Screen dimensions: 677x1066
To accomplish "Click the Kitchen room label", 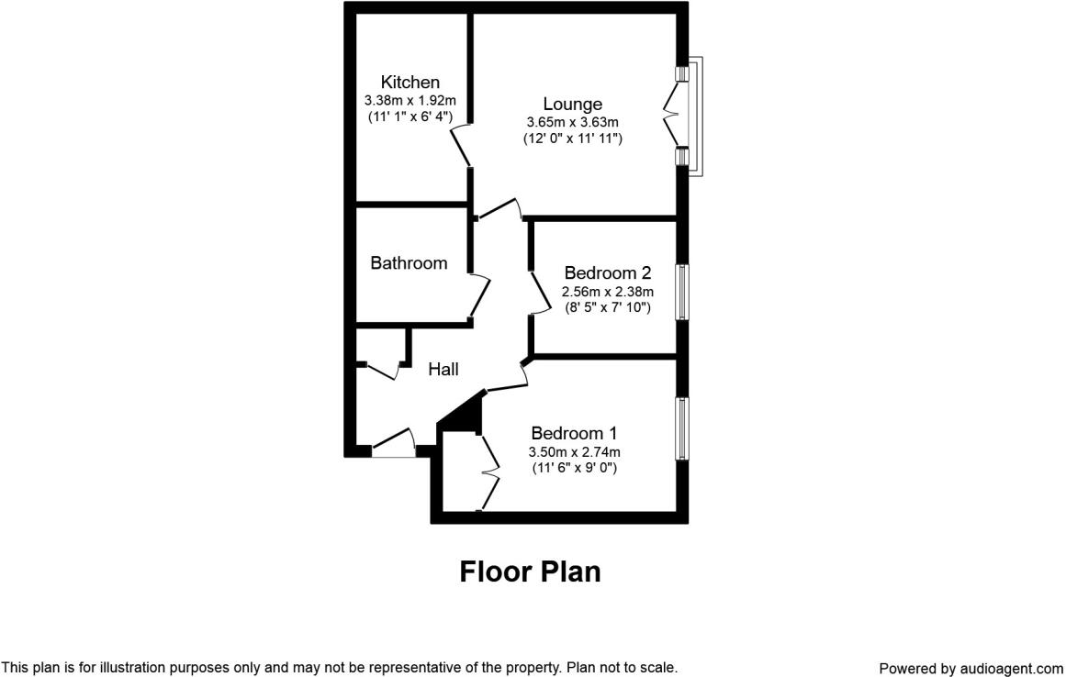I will click(410, 83).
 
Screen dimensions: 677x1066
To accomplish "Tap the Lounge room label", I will click(572, 105).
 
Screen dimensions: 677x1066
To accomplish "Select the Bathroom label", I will click(409, 263).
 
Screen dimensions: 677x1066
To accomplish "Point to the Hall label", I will click(443, 369).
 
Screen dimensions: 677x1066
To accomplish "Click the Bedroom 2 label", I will click(608, 272).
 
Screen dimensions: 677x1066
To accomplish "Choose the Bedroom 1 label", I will click(574, 433).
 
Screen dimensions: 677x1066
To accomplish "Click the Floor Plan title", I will click(530, 572).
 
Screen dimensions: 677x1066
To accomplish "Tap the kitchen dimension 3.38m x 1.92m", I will click(410, 100).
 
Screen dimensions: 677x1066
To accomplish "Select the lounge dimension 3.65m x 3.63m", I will click(572, 122).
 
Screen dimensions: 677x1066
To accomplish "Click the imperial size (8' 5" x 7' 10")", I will click(608, 308).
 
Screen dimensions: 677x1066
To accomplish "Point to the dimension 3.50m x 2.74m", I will click(574, 451).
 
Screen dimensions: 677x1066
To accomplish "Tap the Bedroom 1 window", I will click(682, 427).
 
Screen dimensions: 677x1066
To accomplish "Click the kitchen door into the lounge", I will click(462, 147).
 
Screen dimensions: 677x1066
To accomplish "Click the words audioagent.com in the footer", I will click(1011, 668).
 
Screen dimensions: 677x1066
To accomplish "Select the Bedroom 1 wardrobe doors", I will click(489, 472).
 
